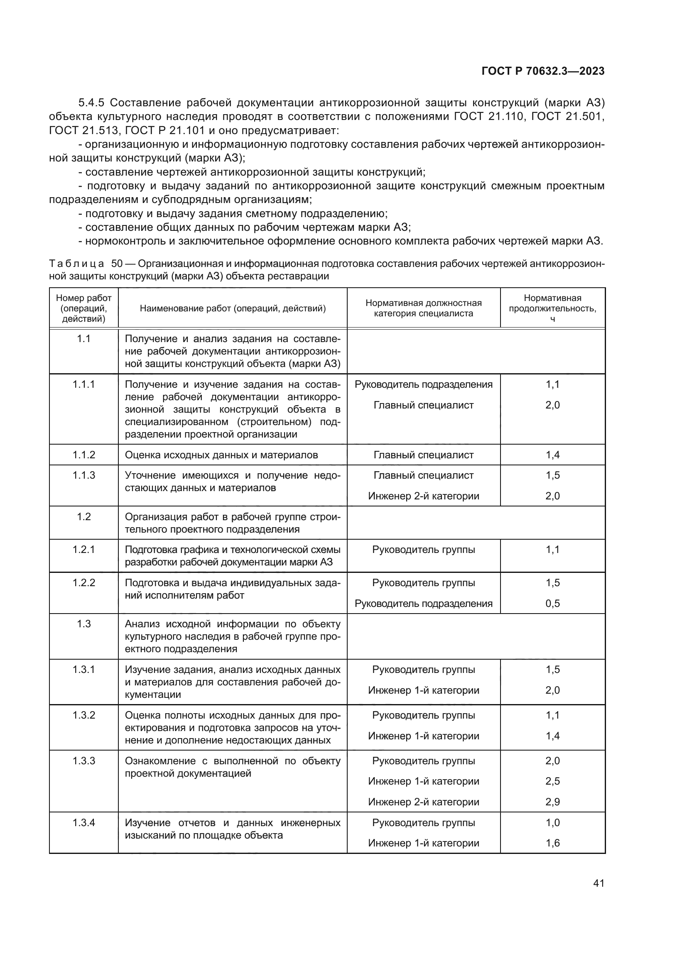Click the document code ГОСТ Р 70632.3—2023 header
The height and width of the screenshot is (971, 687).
[543, 71]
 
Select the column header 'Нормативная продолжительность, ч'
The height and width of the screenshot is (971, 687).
[552, 308]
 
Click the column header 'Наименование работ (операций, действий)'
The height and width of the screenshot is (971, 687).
[233, 308]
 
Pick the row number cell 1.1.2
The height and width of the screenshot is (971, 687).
[84, 455]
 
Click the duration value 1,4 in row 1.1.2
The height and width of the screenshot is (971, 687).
[552, 455]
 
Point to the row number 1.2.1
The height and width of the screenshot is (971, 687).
[84, 549]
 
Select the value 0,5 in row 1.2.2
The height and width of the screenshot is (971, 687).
[552, 603]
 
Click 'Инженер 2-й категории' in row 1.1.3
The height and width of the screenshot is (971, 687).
[423, 496]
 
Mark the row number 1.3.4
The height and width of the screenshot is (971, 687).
[84, 822]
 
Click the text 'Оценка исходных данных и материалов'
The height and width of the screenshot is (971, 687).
[221, 455]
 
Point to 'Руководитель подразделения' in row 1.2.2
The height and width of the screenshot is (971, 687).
[423, 603]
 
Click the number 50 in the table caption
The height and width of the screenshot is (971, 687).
[117, 264]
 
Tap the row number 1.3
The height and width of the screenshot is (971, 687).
[84, 624]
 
